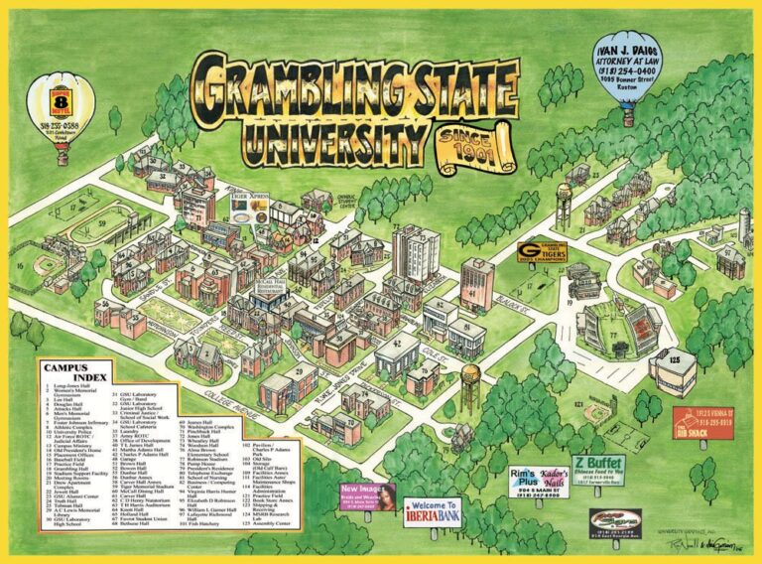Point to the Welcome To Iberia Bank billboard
point(436,511)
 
